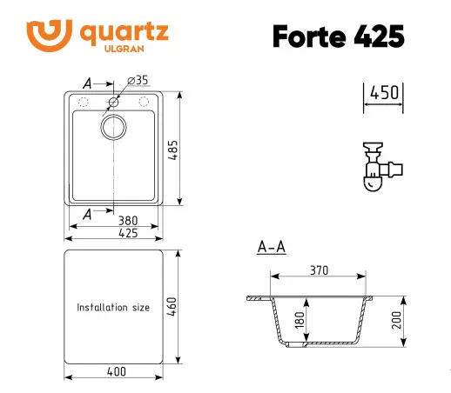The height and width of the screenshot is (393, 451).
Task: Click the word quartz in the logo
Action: coord(124,32)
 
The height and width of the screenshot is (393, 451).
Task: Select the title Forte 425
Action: coord(338,37)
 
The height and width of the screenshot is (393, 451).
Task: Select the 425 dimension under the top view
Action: coord(115,233)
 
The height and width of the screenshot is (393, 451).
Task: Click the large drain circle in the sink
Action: coord(114,129)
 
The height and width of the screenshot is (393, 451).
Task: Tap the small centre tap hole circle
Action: coord(114,103)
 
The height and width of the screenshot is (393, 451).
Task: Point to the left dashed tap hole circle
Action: coord(84,103)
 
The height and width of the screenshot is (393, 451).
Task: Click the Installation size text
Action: coord(113,308)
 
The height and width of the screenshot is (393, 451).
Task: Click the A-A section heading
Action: coord(272,248)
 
